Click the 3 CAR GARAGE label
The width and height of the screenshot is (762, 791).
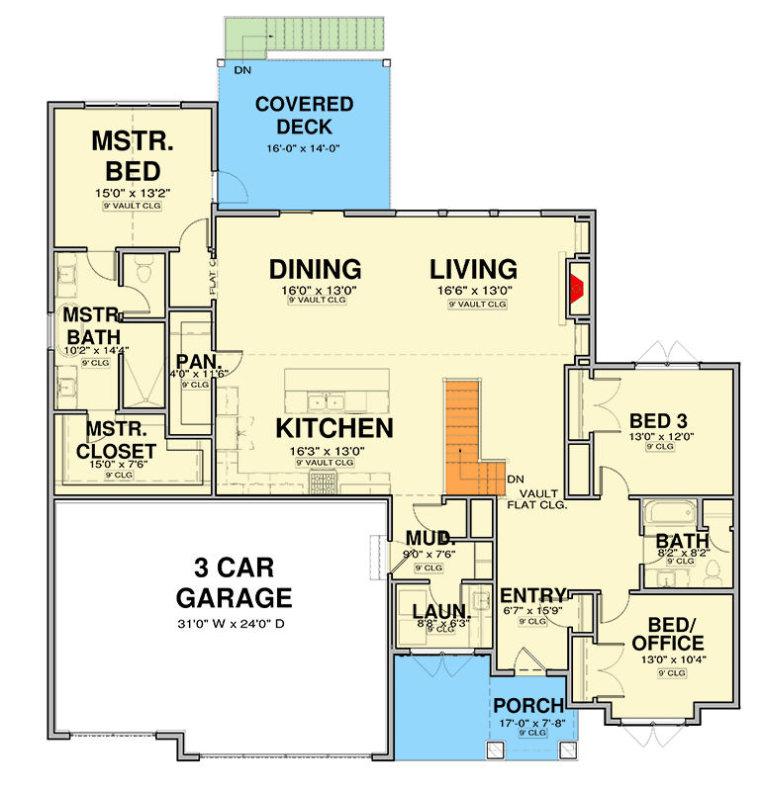point(234,584)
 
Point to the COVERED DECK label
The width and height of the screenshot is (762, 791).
point(303,116)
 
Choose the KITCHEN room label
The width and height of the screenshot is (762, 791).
point(333,428)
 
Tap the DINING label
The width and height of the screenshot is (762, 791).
point(315,269)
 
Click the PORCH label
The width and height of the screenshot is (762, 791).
point(528,706)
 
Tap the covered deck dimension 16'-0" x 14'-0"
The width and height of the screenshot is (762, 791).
point(303,149)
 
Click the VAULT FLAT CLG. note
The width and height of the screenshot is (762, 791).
point(536,497)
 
